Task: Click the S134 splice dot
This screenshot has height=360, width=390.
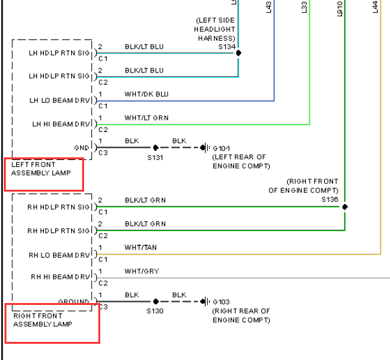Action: tap(238, 53)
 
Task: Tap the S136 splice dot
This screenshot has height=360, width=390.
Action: tap(345, 207)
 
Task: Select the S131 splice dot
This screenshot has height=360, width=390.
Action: tap(156, 148)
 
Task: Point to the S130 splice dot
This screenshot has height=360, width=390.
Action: tap(156, 302)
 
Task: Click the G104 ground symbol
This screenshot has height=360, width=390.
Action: tap(205, 148)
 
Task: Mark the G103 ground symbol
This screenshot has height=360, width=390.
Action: tap(205, 302)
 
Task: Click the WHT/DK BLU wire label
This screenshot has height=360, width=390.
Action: tap(147, 94)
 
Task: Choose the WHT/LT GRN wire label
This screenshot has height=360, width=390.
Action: tap(147, 118)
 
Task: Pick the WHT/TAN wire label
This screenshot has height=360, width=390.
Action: tap(140, 247)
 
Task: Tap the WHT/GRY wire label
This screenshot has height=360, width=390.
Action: tap(142, 271)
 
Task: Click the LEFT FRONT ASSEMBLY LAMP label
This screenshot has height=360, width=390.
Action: tap(41, 169)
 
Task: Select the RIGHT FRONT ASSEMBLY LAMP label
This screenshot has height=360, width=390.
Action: tap(43, 320)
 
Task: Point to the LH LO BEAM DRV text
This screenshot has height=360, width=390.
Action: tap(60, 100)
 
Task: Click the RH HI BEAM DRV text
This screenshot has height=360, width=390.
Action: tap(60, 277)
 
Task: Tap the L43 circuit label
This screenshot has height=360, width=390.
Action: tap(268, 7)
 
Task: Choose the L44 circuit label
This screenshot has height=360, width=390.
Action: tap(375, 6)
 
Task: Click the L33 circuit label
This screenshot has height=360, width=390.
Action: tap(304, 7)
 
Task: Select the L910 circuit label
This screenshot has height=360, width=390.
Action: tap(340, 9)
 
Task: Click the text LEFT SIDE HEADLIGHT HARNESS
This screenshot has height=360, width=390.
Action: tap(215, 29)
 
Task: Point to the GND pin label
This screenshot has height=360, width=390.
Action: tap(81, 148)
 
